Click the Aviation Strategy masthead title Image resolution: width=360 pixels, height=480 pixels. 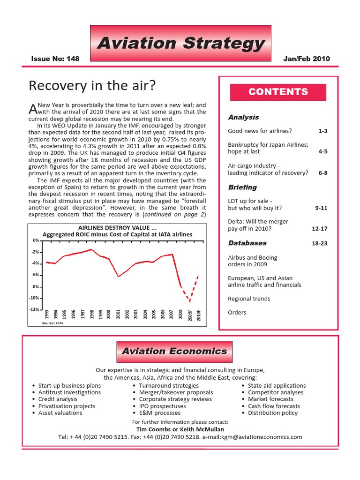pyautogui.click(x=180, y=43)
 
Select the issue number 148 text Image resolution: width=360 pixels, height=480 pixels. pyautogui.click(x=55, y=59)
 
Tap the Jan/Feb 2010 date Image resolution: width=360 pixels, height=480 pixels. pyautogui.click(x=307, y=59)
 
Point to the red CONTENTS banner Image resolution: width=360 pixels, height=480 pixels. pyautogui.click(x=278, y=92)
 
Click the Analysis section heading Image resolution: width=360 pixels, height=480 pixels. pyautogui.click(x=243, y=117)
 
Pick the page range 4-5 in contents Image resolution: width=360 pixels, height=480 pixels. pyautogui.click(x=322, y=152)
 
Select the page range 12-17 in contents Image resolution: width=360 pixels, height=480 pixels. pyautogui.click(x=319, y=229)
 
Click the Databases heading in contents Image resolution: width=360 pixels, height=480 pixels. pyautogui.click(x=247, y=243)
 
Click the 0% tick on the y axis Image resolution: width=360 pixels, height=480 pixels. pyautogui.click(x=36, y=240)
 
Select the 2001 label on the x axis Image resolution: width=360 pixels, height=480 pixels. pyautogui.click(x=118, y=315)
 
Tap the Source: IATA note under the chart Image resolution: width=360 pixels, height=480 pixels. pyautogui.click(x=53, y=323)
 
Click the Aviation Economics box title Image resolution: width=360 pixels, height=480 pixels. pyautogui.click(x=174, y=351)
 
